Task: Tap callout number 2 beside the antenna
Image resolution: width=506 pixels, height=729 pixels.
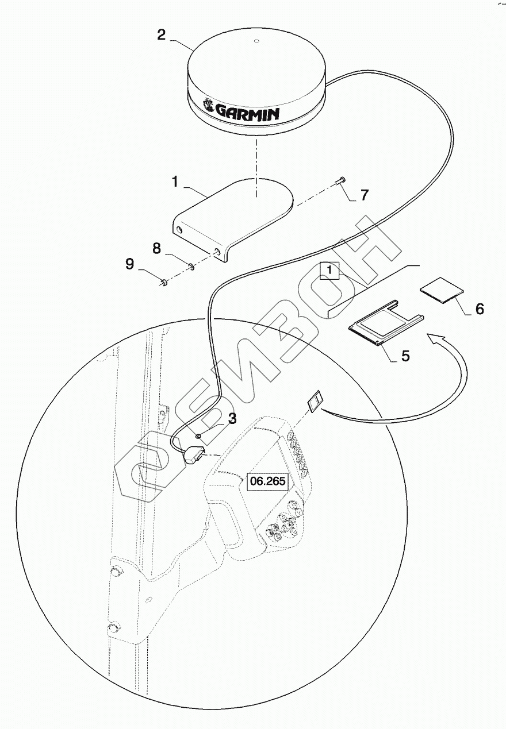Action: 162,34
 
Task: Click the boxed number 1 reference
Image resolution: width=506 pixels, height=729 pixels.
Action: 330,269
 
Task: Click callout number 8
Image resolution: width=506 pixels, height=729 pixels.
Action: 156,249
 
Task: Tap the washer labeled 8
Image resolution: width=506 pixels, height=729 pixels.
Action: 191,265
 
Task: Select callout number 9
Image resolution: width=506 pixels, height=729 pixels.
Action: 130,264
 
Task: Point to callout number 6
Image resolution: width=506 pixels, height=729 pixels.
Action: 479,309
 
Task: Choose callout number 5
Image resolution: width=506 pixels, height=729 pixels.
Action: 405,356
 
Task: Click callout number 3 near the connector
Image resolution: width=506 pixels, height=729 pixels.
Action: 231,418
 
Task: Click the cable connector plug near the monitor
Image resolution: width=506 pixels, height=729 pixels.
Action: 192,457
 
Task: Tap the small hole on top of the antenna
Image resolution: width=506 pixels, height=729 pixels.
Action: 256,41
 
